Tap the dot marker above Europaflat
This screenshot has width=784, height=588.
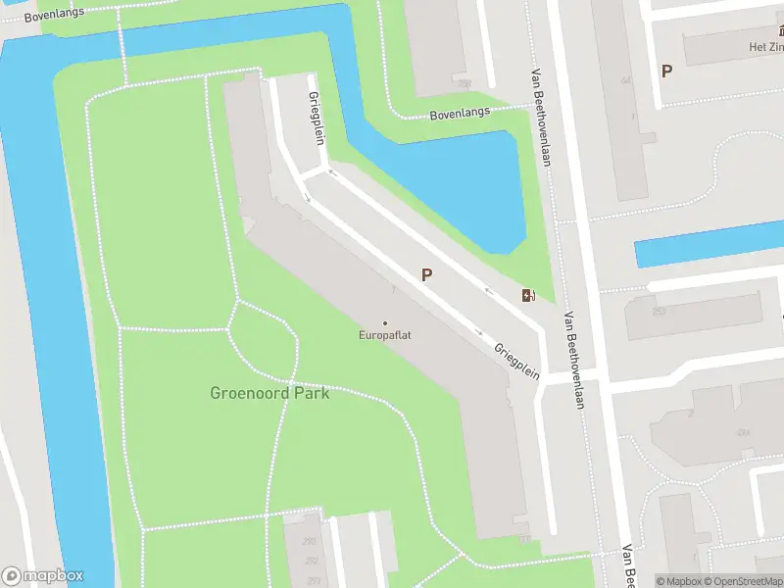[384, 322]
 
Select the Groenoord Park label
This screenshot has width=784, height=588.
[269, 393]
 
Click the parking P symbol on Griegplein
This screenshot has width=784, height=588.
[426, 275]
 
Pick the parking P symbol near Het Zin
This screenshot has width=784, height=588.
[667, 71]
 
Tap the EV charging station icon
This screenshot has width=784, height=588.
[528, 295]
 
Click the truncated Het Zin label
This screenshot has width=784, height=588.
[766, 45]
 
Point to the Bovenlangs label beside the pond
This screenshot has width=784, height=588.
[460, 115]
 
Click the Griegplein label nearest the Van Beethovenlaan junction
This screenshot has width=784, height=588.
[516, 362]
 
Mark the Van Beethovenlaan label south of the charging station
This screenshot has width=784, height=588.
[573, 360]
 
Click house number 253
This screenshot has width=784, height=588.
[659, 311]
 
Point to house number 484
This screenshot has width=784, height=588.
[743, 432]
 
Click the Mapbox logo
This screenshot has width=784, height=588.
[42, 576]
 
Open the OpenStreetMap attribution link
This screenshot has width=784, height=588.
[746, 581]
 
